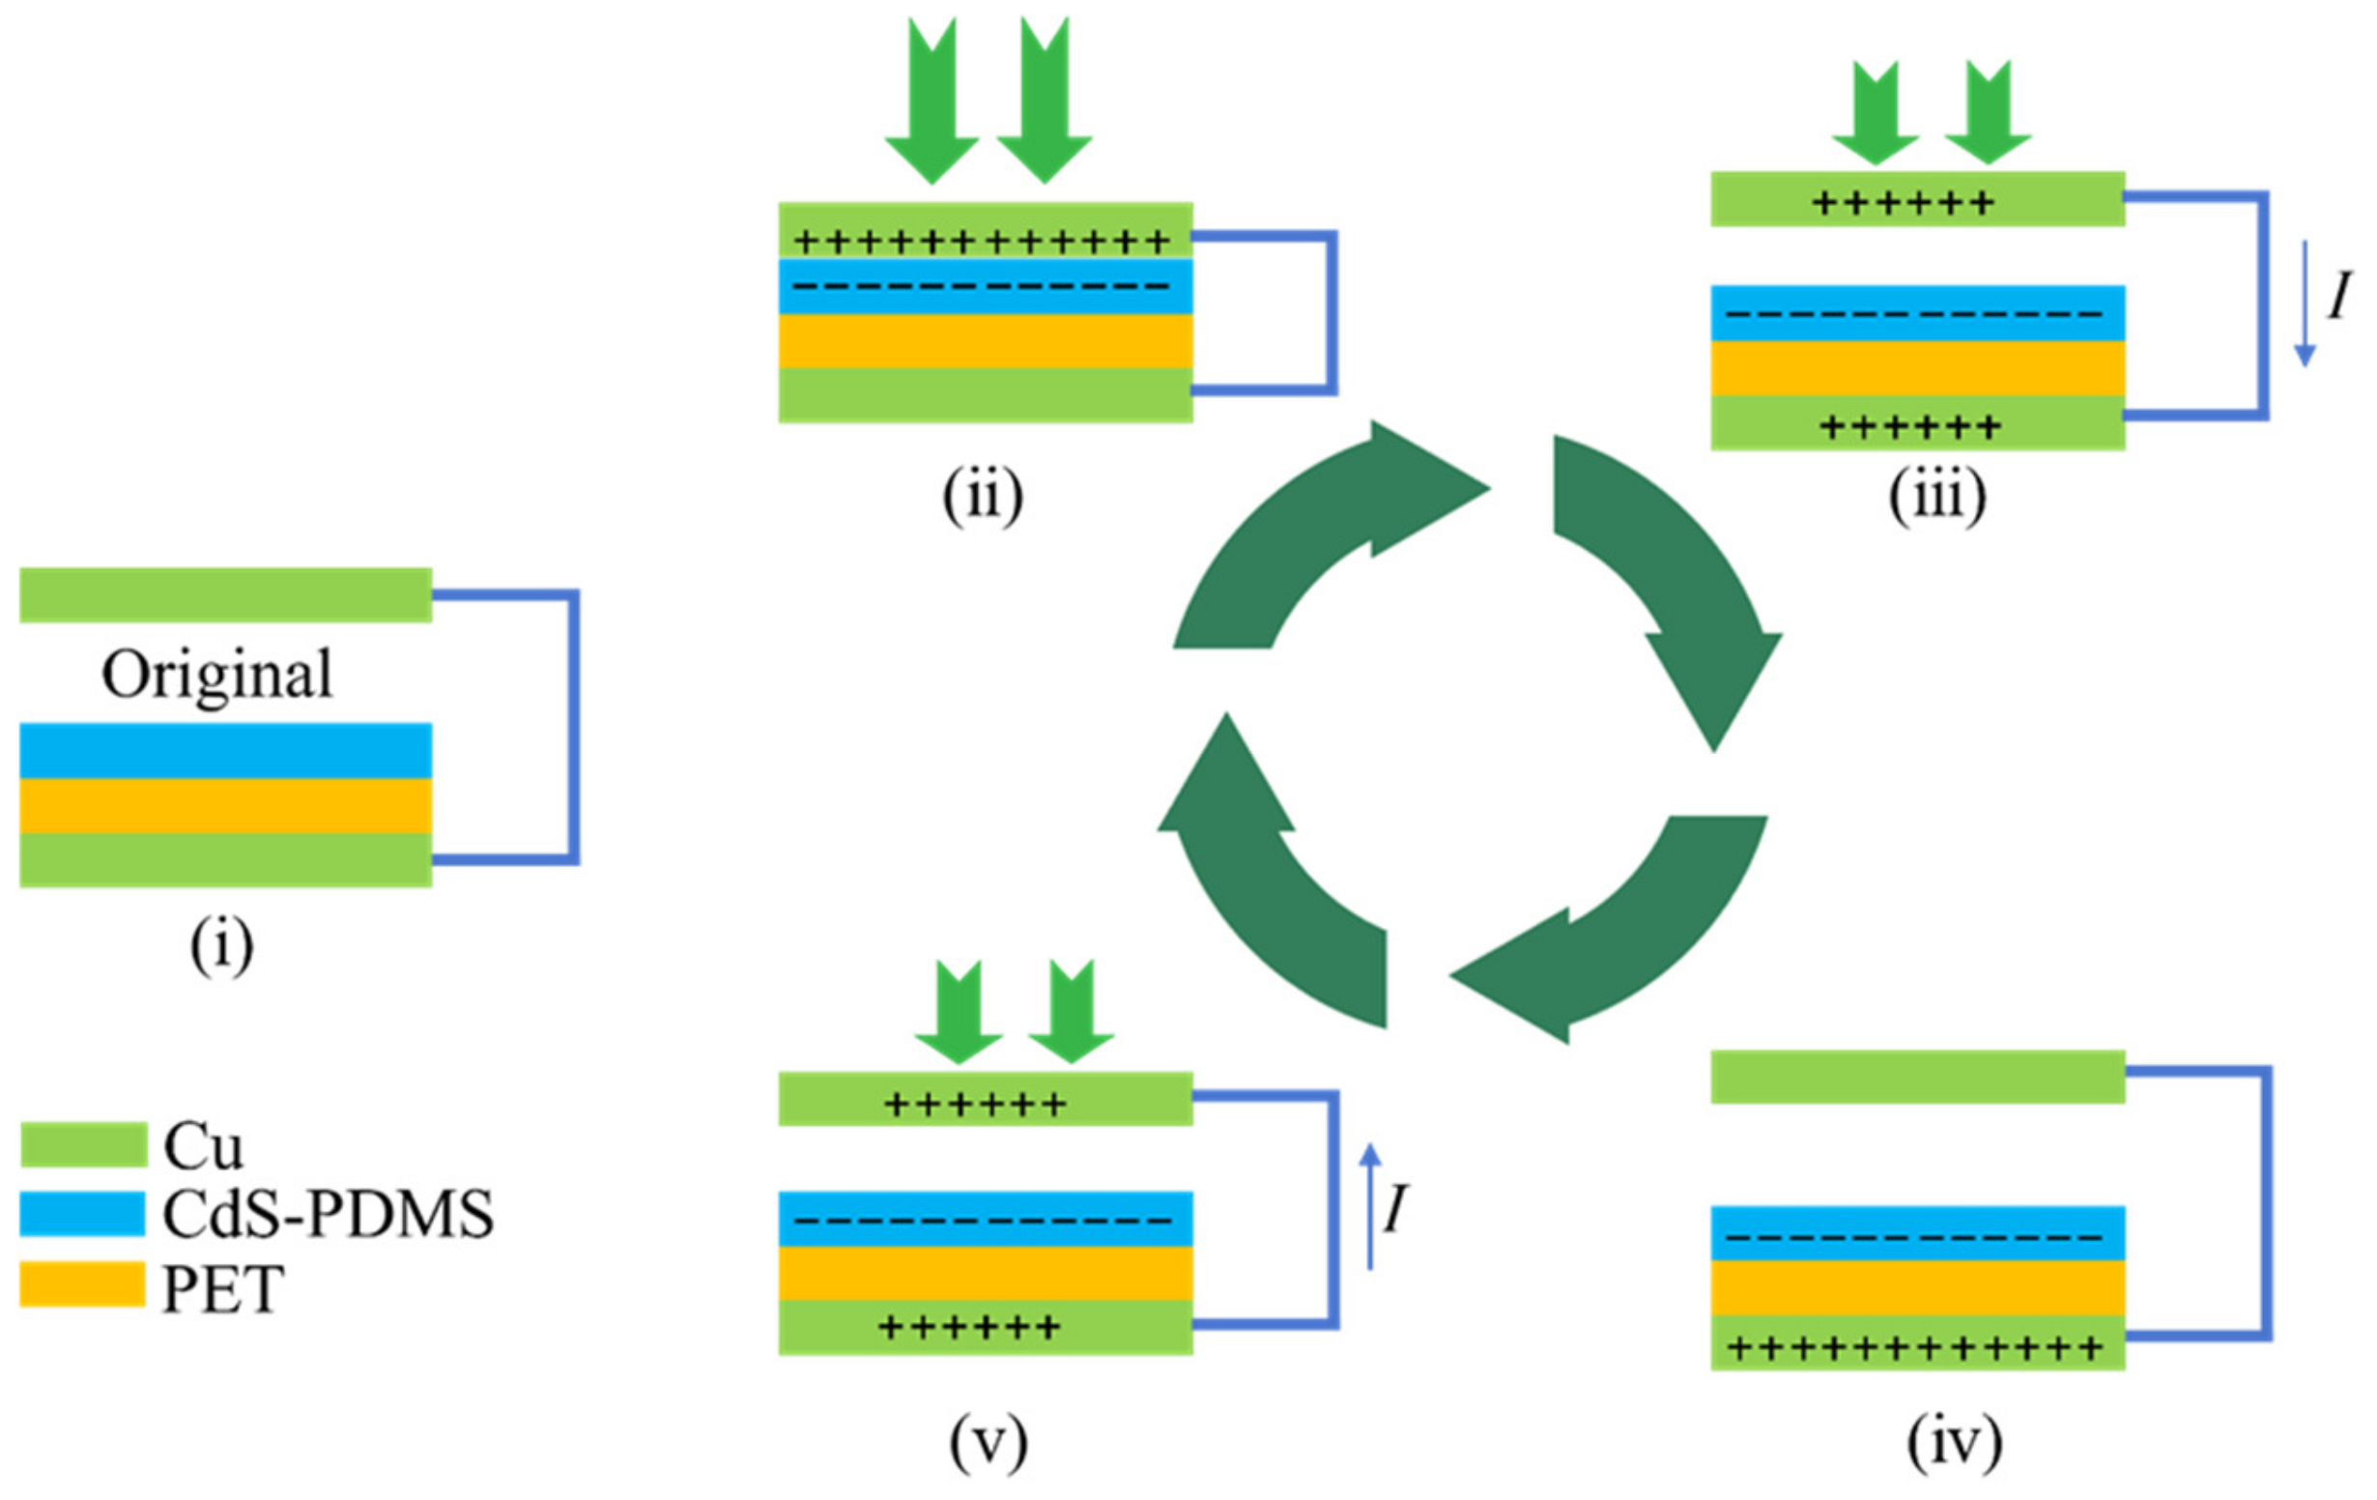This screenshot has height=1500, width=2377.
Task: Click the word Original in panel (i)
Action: point(217,676)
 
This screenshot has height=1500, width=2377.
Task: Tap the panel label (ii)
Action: point(982,496)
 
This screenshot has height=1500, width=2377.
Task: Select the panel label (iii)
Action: point(1936,496)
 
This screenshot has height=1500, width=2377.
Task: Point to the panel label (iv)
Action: point(1955,1443)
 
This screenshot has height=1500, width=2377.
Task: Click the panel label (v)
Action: point(988,1443)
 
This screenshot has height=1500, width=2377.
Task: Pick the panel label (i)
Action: point(221,945)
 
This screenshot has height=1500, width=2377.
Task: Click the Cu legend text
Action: point(202,1146)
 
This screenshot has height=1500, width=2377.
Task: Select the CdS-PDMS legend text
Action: point(328,1215)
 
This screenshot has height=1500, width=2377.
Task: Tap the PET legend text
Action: point(223,1287)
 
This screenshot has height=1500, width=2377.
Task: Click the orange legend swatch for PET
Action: point(83,1284)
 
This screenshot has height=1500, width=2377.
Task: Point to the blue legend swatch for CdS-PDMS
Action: point(83,1214)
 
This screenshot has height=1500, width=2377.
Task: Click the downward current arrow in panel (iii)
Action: point(2304,302)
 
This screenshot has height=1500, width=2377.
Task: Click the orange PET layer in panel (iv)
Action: point(1917,1288)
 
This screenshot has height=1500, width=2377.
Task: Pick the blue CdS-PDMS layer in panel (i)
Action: point(225,751)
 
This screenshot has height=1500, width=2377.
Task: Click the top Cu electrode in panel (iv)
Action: point(1917,1077)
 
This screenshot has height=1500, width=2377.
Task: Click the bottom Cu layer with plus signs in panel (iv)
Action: point(1917,1346)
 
